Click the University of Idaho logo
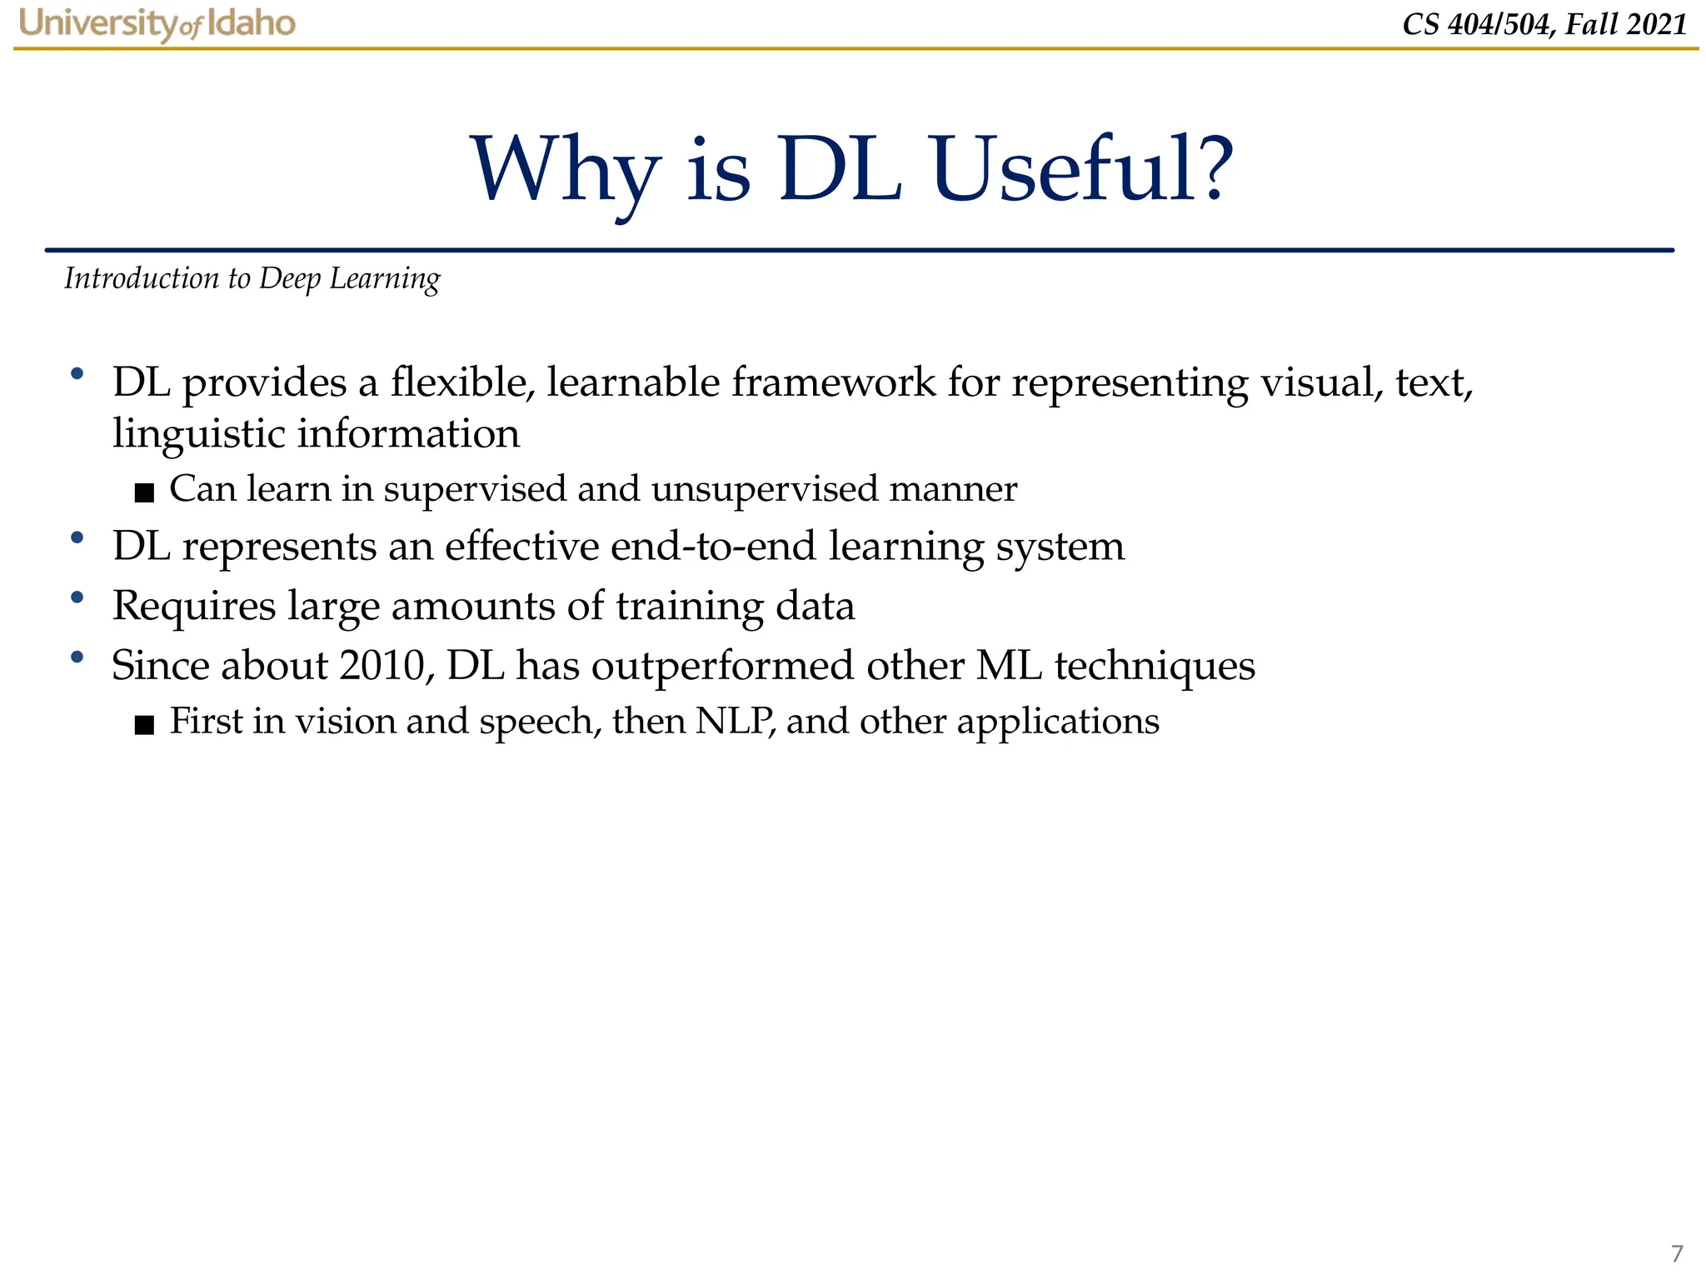point(157,23)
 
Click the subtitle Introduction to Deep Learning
point(252,278)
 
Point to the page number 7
point(1677,1252)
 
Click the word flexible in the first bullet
point(463,382)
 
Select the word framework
point(833,382)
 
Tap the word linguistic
point(198,434)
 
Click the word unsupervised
point(765,489)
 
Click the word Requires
point(194,607)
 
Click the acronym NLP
point(732,722)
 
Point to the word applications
point(1058,722)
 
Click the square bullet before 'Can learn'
point(144,492)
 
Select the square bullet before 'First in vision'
point(144,725)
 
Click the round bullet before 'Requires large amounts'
point(77,597)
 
